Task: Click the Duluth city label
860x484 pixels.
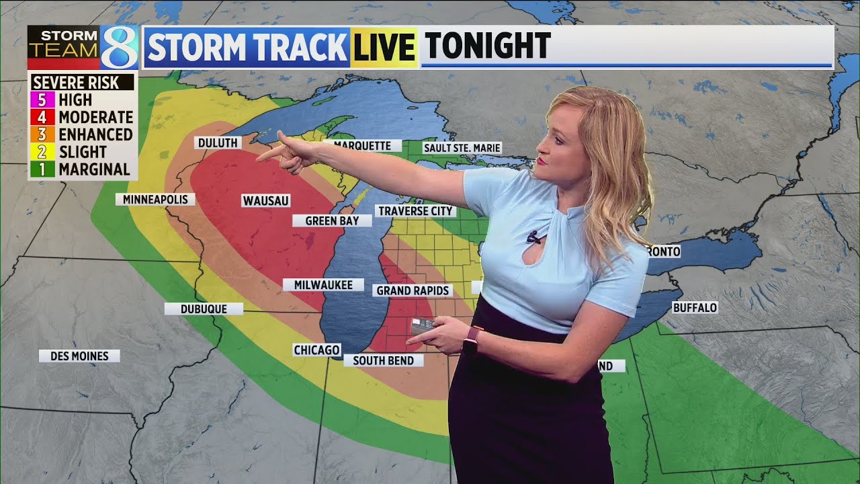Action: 218,143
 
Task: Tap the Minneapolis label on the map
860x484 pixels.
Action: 155,199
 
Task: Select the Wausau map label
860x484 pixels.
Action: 265,200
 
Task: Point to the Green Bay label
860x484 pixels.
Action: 332,220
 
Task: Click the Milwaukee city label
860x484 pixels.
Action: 322,285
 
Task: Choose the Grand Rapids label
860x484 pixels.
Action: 413,290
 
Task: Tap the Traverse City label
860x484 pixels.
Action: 415,211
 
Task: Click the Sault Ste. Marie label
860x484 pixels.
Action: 462,148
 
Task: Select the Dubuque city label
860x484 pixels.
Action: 204,309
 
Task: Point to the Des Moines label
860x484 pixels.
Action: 79,356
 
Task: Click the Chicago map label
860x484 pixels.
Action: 316,350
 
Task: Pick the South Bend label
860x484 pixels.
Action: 383,360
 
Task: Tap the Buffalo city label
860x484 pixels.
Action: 695,307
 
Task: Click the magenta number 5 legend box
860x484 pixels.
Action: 42,100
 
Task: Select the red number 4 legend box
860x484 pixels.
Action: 42,118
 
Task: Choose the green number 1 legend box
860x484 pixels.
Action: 42,169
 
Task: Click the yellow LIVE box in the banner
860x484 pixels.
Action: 384,48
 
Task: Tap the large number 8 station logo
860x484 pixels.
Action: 119,48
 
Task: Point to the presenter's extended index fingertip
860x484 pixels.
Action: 259,159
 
